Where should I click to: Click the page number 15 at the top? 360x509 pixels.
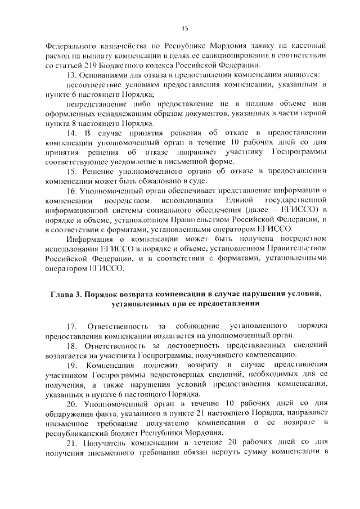coord(184,29)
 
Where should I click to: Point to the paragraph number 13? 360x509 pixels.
coord(71,74)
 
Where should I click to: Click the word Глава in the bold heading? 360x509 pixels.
coord(63,294)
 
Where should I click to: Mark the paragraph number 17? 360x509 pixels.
coord(71,326)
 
